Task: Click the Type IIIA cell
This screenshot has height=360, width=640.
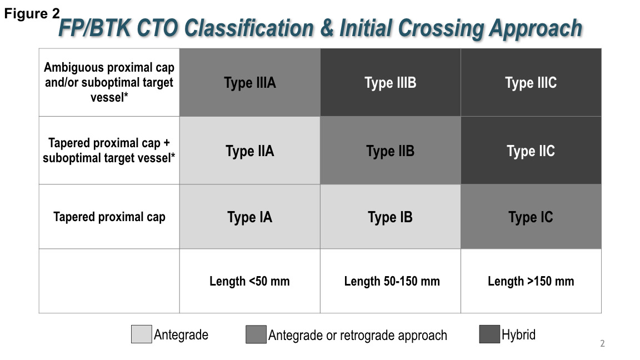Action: click(249, 83)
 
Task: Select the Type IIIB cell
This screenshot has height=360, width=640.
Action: click(390, 83)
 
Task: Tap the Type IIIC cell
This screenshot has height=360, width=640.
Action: click(531, 83)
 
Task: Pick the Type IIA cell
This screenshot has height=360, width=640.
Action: click(249, 151)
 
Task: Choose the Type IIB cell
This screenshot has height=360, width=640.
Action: click(390, 151)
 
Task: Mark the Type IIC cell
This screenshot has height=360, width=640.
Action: click(531, 151)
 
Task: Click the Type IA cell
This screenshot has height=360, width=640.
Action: click(249, 217)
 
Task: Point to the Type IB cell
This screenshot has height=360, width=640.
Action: click(390, 217)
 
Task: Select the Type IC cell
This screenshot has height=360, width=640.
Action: click(531, 217)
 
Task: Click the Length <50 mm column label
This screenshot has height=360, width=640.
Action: click(249, 281)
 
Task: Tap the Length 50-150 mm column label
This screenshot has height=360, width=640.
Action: click(392, 281)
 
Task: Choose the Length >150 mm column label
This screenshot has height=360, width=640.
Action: click(531, 281)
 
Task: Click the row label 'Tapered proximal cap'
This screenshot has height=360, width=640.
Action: click(109, 217)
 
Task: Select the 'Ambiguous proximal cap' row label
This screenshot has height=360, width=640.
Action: click(109, 83)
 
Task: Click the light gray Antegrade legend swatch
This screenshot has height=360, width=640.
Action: click(141, 335)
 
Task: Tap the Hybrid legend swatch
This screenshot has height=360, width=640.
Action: click(489, 335)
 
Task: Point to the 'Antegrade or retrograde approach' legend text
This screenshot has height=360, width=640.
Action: click(357, 336)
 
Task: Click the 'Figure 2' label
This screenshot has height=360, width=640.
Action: click(32, 14)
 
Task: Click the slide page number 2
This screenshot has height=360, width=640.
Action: click(602, 344)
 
